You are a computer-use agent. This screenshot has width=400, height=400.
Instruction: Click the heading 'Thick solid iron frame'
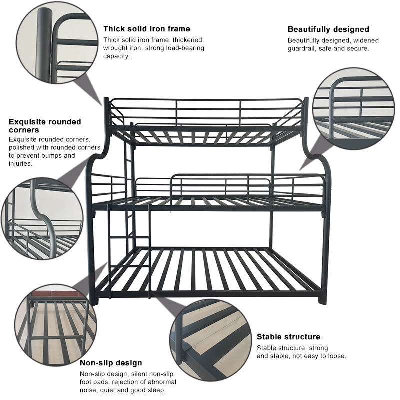click(x=146, y=29)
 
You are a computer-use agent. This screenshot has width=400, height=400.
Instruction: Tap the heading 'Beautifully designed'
click(x=328, y=29)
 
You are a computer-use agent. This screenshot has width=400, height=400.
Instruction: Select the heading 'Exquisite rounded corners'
click(x=45, y=126)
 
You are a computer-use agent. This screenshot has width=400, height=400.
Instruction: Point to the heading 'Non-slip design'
click(x=111, y=363)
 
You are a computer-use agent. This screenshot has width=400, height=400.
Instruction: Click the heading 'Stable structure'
click(x=288, y=337)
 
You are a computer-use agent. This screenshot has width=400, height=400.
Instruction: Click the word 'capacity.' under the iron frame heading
click(x=117, y=56)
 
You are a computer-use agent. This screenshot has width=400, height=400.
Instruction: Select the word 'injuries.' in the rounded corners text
click(x=20, y=163)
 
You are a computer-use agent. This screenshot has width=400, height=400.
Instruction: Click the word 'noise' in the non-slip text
click(x=90, y=390)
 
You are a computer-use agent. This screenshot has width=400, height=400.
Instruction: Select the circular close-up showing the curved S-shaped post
click(x=45, y=219)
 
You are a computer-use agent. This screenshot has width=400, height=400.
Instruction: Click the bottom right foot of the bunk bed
click(x=322, y=299)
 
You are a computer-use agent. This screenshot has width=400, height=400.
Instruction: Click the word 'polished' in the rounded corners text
click(x=21, y=148)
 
